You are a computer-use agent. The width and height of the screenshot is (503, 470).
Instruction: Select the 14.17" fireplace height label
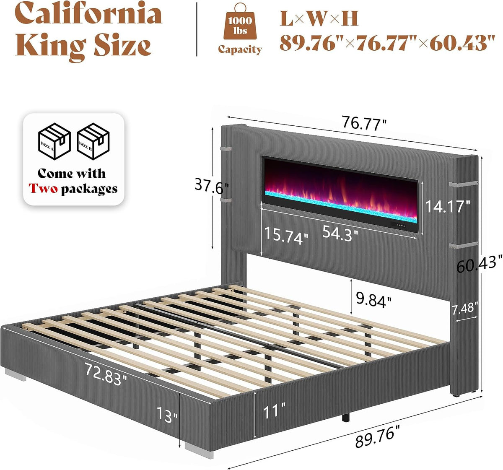[x=448, y=206]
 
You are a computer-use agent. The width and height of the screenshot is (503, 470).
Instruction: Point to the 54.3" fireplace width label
[x=340, y=234]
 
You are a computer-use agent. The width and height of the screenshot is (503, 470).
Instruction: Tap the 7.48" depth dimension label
[x=465, y=308]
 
